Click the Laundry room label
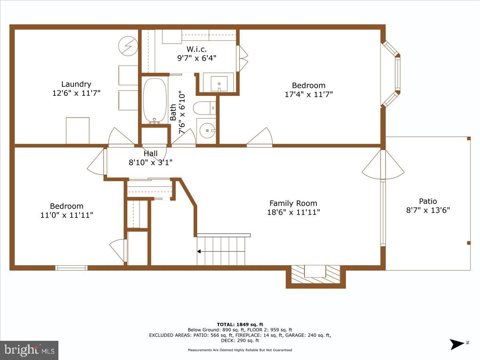[76, 84]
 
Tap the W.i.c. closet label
[196, 49]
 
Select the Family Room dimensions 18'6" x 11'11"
[293, 212]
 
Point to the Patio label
[428, 201]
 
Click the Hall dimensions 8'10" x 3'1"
[150, 162]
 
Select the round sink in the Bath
[207, 130]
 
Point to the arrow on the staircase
[199, 252]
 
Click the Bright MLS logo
[29, 350]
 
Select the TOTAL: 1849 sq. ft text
[240, 324]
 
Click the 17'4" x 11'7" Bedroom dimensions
[308, 94]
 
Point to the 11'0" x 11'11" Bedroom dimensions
[67, 215]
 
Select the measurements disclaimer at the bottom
[240, 350]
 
